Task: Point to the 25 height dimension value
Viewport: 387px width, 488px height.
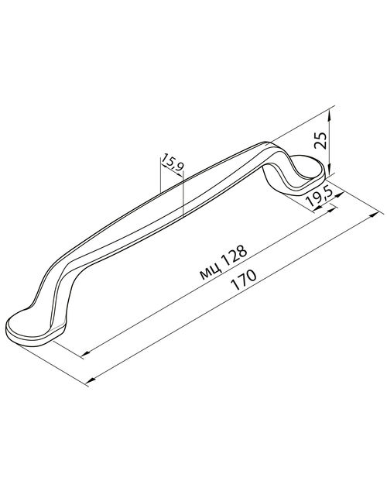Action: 320,140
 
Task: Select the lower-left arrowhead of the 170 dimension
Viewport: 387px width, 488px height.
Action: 91,380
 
